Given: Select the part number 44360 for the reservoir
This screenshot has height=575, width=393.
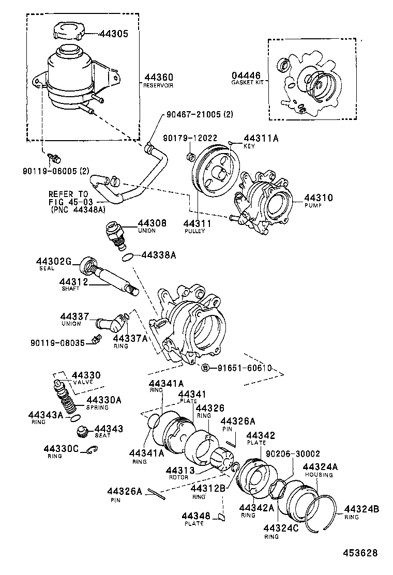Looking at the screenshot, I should (x=156, y=77).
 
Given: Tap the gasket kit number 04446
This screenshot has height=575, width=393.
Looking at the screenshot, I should (x=246, y=75).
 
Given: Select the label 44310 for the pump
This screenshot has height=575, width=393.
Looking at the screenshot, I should (x=318, y=198).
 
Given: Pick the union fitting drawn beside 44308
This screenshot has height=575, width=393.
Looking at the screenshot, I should (x=115, y=233).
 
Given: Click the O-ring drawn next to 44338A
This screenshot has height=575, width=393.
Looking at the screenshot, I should (x=130, y=255).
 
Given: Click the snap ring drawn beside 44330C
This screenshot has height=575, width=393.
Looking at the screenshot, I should (x=93, y=451).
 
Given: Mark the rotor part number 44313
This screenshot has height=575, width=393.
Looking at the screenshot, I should (x=180, y=470).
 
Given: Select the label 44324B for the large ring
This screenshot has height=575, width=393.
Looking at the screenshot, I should (x=361, y=509).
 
